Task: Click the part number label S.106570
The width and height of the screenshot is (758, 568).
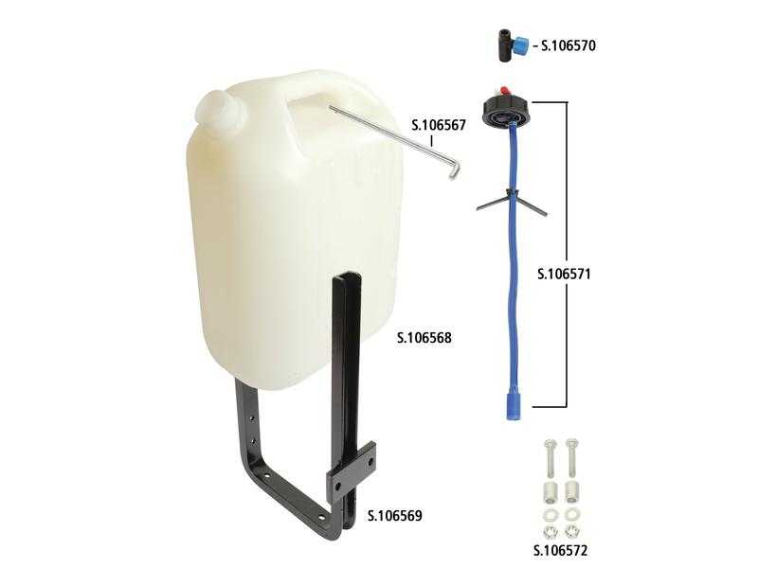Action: coord(568,45)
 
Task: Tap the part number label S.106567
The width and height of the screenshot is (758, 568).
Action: coord(439,125)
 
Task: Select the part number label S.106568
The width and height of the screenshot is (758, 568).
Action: coord(424,338)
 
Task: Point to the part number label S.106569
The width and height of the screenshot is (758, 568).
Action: coord(395,516)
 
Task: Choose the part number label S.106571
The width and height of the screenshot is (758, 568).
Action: coord(564,274)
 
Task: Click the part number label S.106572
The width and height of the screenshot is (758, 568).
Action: coord(560,550)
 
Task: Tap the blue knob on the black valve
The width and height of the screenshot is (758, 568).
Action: coord(521,45)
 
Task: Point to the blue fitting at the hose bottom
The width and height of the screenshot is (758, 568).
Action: coord(512,406)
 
